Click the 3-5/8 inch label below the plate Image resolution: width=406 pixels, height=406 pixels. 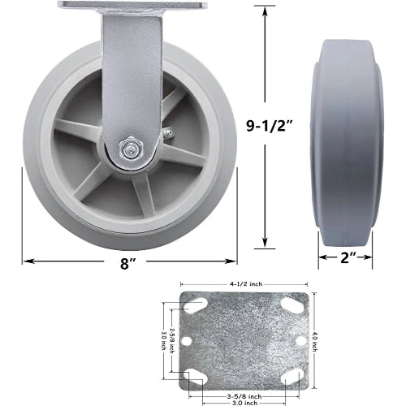pos(243,373)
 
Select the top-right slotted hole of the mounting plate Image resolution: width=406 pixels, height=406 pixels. pos(291,305)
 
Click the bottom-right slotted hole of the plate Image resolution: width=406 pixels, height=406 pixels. pos(292,375)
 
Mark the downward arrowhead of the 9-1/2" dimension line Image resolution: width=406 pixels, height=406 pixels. pos(265,245)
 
